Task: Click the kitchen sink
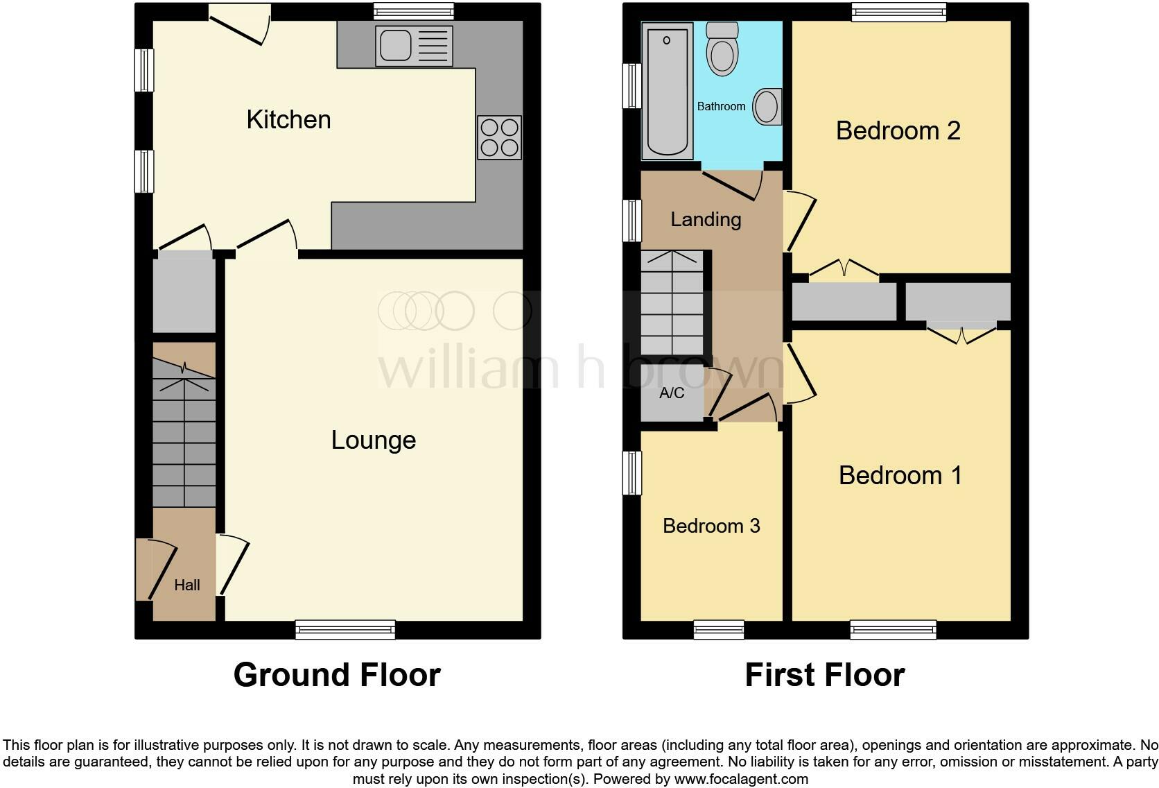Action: (x=413, y=46)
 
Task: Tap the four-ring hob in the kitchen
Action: (x=499, y=137)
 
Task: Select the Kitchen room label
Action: (x=288, y=120)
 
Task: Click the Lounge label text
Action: (x=373, y=440)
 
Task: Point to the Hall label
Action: (x=186, y=585)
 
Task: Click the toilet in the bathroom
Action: (x=722, y=49)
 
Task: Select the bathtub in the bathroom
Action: (x=667, y=90)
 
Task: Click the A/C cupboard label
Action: (x=671, y=393)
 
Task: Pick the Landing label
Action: (x=706, y=220)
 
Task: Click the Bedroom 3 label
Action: (x=711, y=526)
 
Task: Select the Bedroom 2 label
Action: (x=898, y=131)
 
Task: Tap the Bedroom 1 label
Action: (x=900, y=476)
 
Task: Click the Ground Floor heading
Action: (x=337, y=675)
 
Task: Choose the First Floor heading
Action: (x=824, y=675)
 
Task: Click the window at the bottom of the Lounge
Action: (x=345, y=629)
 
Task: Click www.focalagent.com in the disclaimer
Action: (x=741, y=779)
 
